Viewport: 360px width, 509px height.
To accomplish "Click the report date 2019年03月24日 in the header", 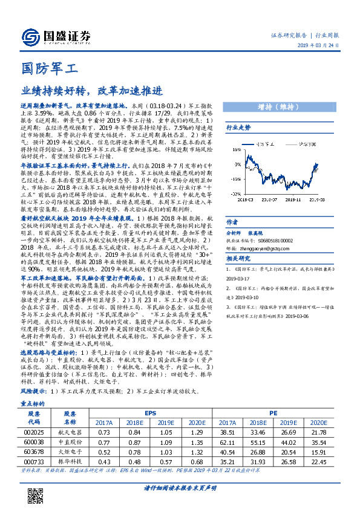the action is coord(321,46).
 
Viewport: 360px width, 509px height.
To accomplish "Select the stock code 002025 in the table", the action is coord(34,432).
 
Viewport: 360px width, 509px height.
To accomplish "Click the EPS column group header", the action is coord(150,413).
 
